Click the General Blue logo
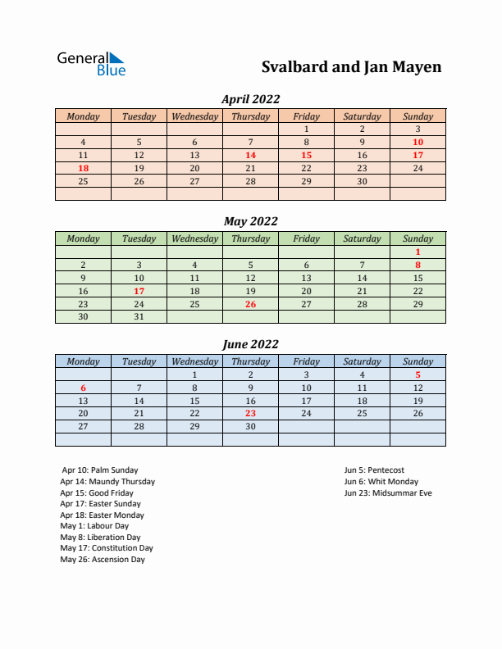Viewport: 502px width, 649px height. point(91,64)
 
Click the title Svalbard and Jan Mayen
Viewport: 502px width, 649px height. point(351,66)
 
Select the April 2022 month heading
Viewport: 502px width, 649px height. point(250,98)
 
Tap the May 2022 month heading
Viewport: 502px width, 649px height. point(250,220)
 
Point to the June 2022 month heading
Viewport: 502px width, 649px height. point(250,344)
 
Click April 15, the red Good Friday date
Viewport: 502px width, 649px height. point(306,155)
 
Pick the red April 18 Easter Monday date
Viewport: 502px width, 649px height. point(83,168)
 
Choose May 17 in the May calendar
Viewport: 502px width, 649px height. point(139,291)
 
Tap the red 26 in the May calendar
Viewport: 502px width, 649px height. point(250,304)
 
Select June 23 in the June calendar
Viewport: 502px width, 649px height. point(250,414)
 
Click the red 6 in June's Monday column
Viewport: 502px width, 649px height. point(83,388)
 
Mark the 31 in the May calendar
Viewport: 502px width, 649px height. point(139,317)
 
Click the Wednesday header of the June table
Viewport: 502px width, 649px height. point(194,361)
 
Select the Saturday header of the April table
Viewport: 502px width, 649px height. point(362,116)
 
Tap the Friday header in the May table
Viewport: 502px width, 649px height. point(306,238)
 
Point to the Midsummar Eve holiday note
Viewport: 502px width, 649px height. point(387,493)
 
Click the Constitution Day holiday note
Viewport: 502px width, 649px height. point(106,548)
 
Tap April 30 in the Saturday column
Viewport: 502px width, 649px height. point(362,181)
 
